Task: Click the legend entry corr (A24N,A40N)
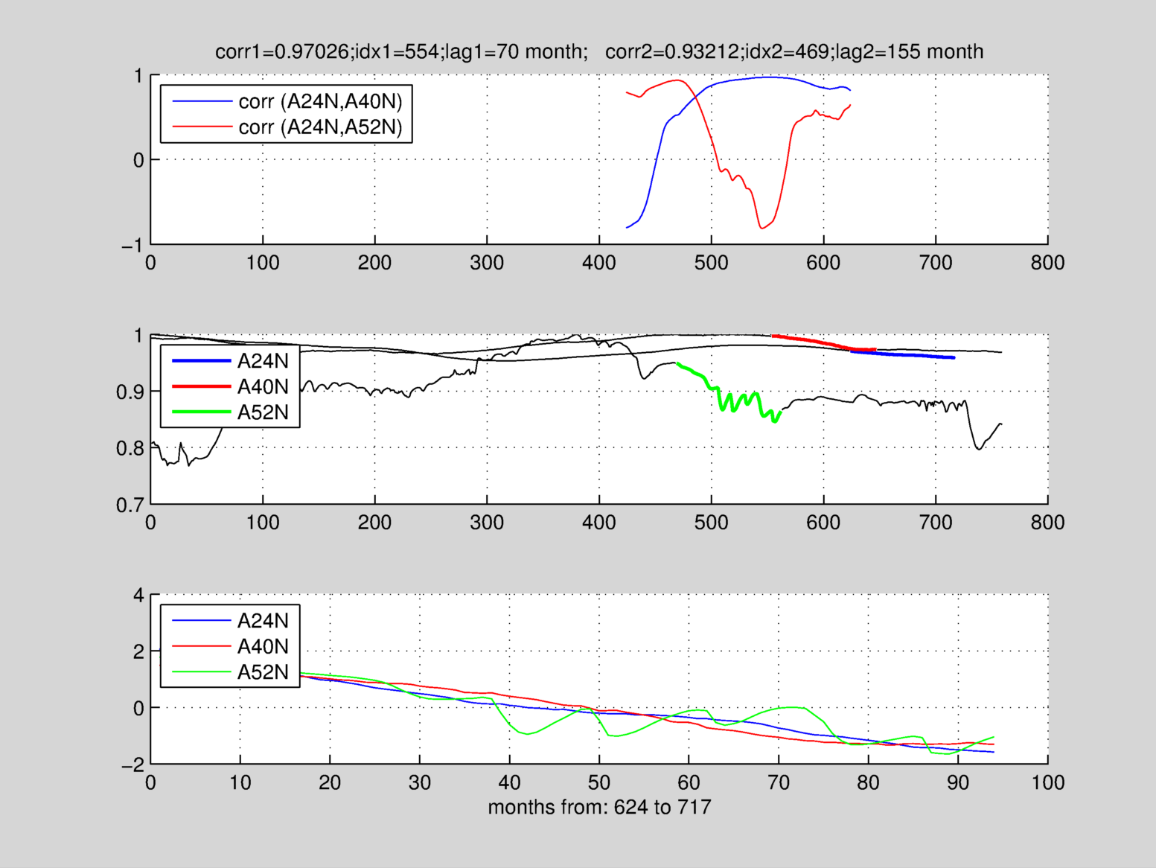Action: [320, 101]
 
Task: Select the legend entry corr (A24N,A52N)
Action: [320, 127]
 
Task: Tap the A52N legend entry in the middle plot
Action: [262, 412]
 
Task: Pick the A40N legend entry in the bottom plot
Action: [262, 646]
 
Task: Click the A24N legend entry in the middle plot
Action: [262, 361]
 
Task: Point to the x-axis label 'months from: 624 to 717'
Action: [599, 807]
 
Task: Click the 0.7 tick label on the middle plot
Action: [130, 506]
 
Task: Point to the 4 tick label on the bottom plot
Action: [138, 596]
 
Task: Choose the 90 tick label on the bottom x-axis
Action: [958, 783]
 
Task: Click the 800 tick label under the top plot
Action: [1047, 263]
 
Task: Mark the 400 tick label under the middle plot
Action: [599, 523]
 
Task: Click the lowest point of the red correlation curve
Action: [761, 228]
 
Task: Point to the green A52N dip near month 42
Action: [528, 734]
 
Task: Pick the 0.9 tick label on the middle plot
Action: [130, 392]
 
